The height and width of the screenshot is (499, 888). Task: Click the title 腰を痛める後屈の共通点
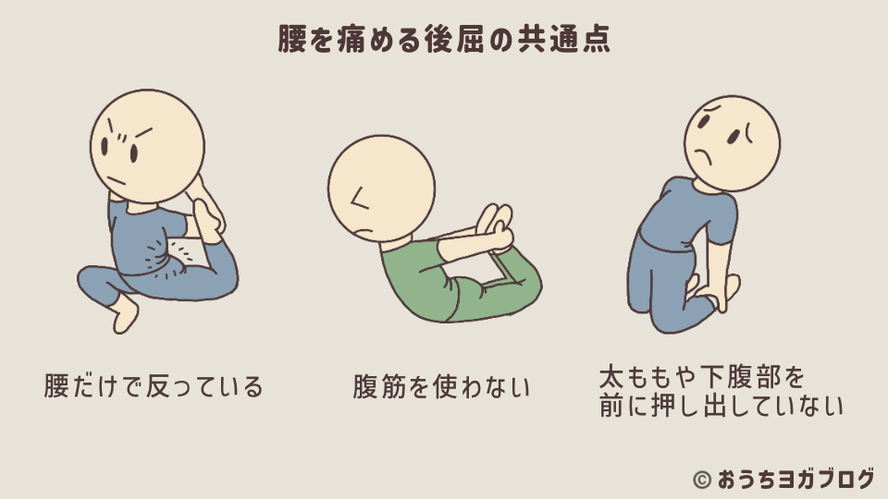(x=444, y=40)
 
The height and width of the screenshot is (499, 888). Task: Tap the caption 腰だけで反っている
(x=154, y=385)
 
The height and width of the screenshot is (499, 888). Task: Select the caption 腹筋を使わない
(x=442, y=386)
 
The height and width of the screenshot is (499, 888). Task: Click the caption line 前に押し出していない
(x=721, y=407)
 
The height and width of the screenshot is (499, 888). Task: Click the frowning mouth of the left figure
(x=116, y=179)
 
